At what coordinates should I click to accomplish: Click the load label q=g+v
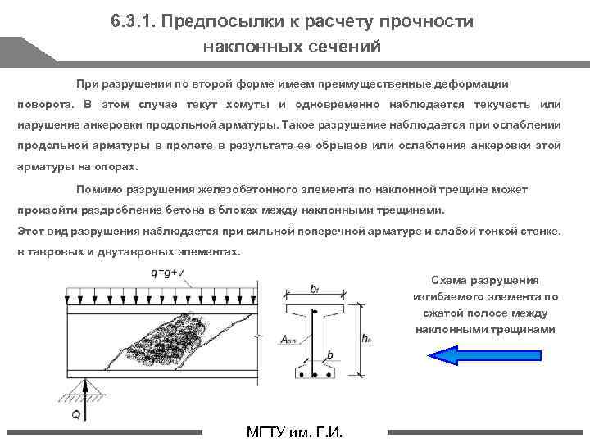(x=166, y=273)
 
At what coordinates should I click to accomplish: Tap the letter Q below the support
(x=75, y=415)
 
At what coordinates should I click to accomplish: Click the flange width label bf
(x=315, y=289)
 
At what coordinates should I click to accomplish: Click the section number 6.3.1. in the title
(x=136, y=21)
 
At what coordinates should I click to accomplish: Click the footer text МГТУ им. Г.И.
(x=294, y=432)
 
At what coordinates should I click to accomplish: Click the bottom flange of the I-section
(x=315, y=375)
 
